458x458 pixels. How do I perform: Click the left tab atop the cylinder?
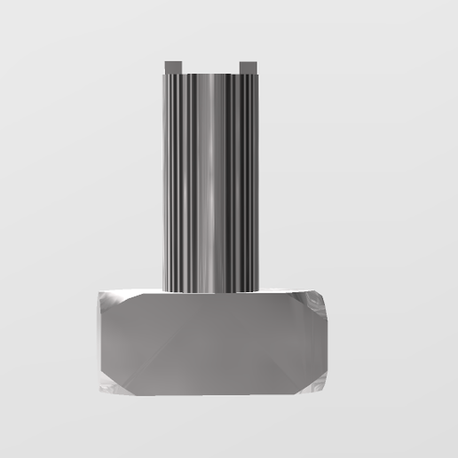(x=172, y=67)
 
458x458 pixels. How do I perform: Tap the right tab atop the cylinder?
(x=249, y=67)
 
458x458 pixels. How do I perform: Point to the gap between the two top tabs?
(x=210, y=67)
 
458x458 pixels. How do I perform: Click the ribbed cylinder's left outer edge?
(x=163, y=178)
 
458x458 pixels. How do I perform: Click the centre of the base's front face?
(x=211, y=342)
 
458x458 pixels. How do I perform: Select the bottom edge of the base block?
(x=211, y=394)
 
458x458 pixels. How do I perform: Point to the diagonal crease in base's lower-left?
(x=142, y=373)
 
